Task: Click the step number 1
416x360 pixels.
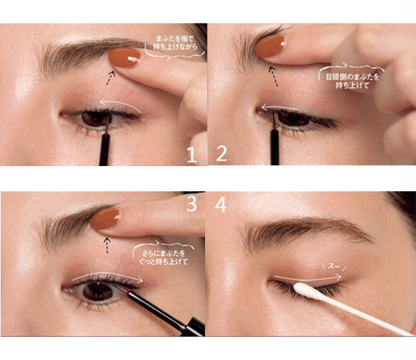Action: click(x=192, y=155)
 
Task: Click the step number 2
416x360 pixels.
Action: click(x=222, y=154)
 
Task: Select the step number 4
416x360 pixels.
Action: click(x=221, y=205)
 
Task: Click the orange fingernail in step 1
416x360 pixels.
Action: click(x=124, y=58)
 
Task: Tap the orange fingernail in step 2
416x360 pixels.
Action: click(x=270, y=46)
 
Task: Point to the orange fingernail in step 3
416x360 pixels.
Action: click(x=106, y=218)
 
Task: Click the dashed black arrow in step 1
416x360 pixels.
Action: click(x=110, y=78)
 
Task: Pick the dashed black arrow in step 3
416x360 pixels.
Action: click(x=107, y=245)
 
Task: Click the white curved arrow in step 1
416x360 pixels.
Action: click(x=120, y=103)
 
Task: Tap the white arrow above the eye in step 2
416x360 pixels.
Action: click(x=279, y=108)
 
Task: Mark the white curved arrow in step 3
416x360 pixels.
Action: click(x=108, y=274)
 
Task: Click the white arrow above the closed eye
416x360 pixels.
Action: click(x=307, y=279)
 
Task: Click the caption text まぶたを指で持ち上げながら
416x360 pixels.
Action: click(x=176, y=42)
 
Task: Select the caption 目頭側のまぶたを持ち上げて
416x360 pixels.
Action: click(x=352, y=81)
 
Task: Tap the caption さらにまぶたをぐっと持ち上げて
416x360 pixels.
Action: click(x=163, y=258)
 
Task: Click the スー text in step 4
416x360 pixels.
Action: click(x=334, y=266)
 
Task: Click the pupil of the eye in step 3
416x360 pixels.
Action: click(x=98, y=291)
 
